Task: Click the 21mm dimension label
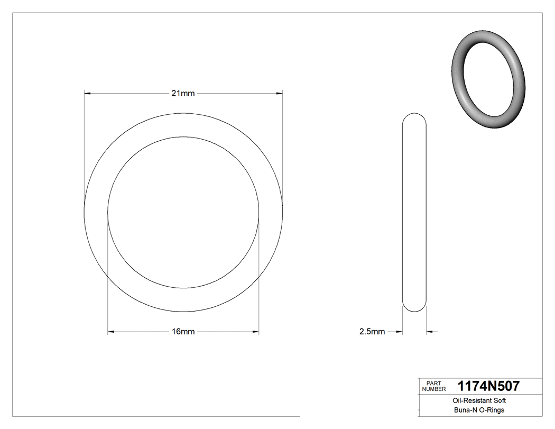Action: pos(183,94)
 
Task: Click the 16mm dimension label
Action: pos(183,332)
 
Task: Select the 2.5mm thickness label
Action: pos(372,332)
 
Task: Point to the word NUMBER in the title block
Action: pos(434,389)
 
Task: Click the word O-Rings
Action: pos(491,410)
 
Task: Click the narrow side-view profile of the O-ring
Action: pos(414,212)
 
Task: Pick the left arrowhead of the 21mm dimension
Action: pos(88,94)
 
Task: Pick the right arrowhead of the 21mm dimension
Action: pos(279,94)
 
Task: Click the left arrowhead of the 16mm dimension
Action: pos(111,332)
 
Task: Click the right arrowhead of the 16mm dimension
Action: pos(255,332)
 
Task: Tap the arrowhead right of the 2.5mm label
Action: pos(399,332)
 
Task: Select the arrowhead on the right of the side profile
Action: pos(430,332)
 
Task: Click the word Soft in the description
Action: pos(500,401)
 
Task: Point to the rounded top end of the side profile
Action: pos(414,116)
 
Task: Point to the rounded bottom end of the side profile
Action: pos(414,308)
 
